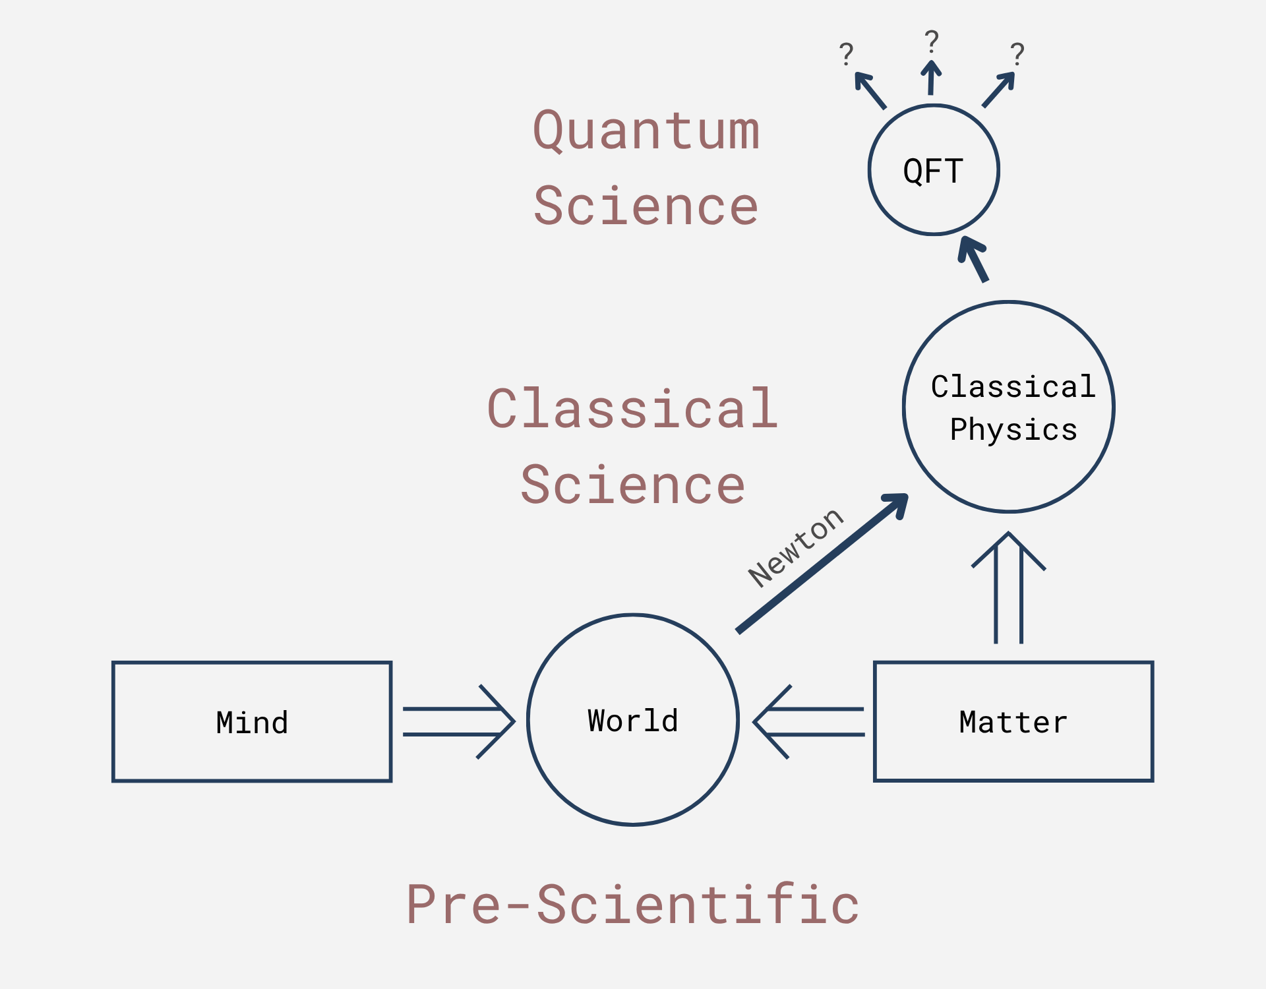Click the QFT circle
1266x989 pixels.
[x=934, y=170]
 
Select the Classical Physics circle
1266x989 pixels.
[x=1009, y=407]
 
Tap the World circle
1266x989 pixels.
[x=633, y=720]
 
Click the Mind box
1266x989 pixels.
[x=252, y=722]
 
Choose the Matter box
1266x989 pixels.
[x=1013, y=722]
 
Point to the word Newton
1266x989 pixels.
[x=796, y=547]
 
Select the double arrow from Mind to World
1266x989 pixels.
[x=459, y=722]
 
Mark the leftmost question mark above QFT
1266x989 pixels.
[x=847, y=54]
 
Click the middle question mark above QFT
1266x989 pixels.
[x=932, y=42]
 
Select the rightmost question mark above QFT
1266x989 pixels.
[x=1017, y=54]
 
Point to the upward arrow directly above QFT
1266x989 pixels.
[x=931, y=78]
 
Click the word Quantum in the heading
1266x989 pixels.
[x=646, y=131]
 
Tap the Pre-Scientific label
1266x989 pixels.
[x=633, y=904]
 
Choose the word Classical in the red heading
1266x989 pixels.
[x=633, y=409]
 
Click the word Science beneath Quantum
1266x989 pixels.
[x=646, y=206]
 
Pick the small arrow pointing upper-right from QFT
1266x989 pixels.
[x=998, y=90]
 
